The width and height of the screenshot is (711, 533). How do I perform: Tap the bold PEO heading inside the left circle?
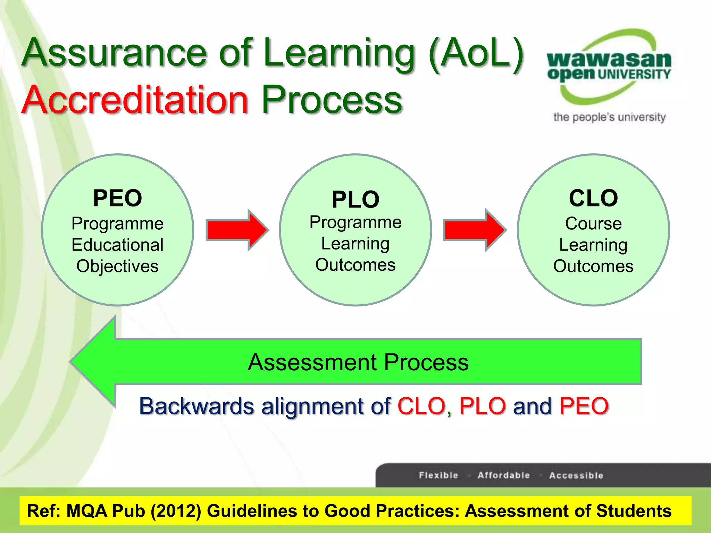tap(117, 198)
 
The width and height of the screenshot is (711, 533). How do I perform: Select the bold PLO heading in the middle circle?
tap(355, 200)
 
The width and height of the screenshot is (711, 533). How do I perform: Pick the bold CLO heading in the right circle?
tap(593, 198)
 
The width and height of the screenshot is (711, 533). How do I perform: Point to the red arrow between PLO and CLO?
tap(474, 230)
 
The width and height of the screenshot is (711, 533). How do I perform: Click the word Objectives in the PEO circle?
tap(117, 266)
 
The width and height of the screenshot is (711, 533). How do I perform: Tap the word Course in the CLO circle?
tap(593, 223)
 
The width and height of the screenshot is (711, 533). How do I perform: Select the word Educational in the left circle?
tap(117, 245)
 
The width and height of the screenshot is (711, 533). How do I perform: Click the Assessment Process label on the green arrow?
tap(358, 362)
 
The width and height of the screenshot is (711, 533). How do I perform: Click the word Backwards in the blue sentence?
tap(196, 406)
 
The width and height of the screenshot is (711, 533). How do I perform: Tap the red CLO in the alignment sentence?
tap(421, 406)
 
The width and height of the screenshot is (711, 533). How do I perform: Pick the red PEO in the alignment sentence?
tap(584, 406)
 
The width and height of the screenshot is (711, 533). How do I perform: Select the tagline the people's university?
tap(609, 117)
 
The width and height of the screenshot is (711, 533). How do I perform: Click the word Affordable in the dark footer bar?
tap(504, 475)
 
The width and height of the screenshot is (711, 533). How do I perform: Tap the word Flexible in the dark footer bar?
tap(438, 475)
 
